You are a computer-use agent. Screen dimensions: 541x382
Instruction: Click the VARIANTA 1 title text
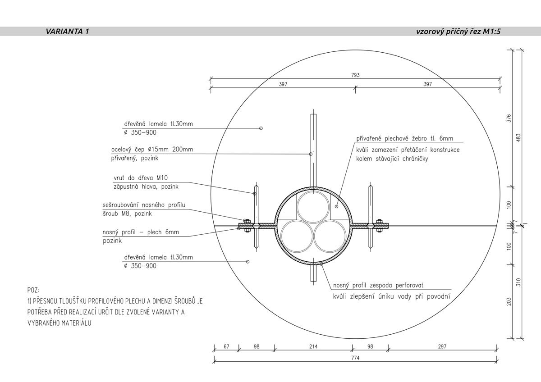click(67, 32)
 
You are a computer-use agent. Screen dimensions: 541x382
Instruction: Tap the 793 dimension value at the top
click(355, 75)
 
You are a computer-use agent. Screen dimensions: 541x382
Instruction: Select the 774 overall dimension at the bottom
click(355, 358)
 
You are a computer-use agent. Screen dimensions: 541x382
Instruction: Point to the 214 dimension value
click(313, 346)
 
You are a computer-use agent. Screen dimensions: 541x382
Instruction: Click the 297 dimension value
click(442, 346)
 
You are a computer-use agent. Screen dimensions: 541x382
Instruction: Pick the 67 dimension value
click(226, 346)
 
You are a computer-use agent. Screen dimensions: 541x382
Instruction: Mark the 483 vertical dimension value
click(518, 137)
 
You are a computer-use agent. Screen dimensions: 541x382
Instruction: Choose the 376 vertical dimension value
click(509, 118)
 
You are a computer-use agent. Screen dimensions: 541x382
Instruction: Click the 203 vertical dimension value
click(509, 302)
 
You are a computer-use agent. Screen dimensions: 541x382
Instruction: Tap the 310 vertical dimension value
click(518, 282)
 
